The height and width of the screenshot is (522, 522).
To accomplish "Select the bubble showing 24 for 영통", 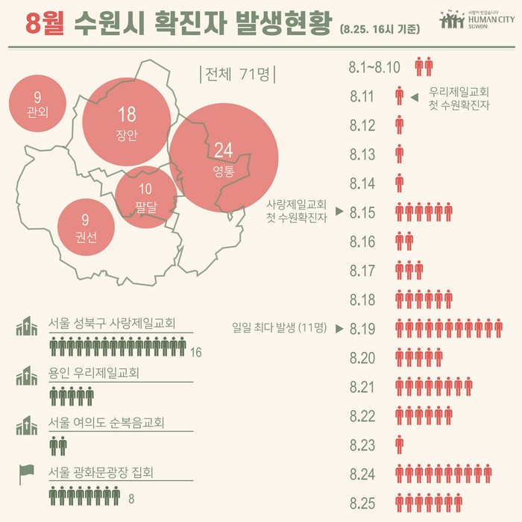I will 224,158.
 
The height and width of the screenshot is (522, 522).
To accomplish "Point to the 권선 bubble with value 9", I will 86,227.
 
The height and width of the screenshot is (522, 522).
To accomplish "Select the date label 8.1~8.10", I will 374,67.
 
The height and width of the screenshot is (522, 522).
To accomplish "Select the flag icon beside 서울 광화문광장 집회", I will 27,474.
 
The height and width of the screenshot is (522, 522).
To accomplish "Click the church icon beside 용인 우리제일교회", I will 27,376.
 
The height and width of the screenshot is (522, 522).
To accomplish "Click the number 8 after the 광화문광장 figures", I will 131,498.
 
